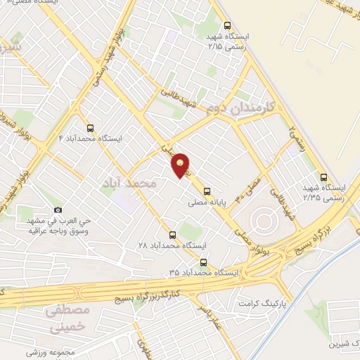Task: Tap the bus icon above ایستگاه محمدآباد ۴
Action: (89, 128)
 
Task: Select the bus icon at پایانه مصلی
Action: (207, 191)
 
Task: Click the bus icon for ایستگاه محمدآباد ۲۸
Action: (173, 235)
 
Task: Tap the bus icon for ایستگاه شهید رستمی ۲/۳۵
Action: (323, 177)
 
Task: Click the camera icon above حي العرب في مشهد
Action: (58, 210)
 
